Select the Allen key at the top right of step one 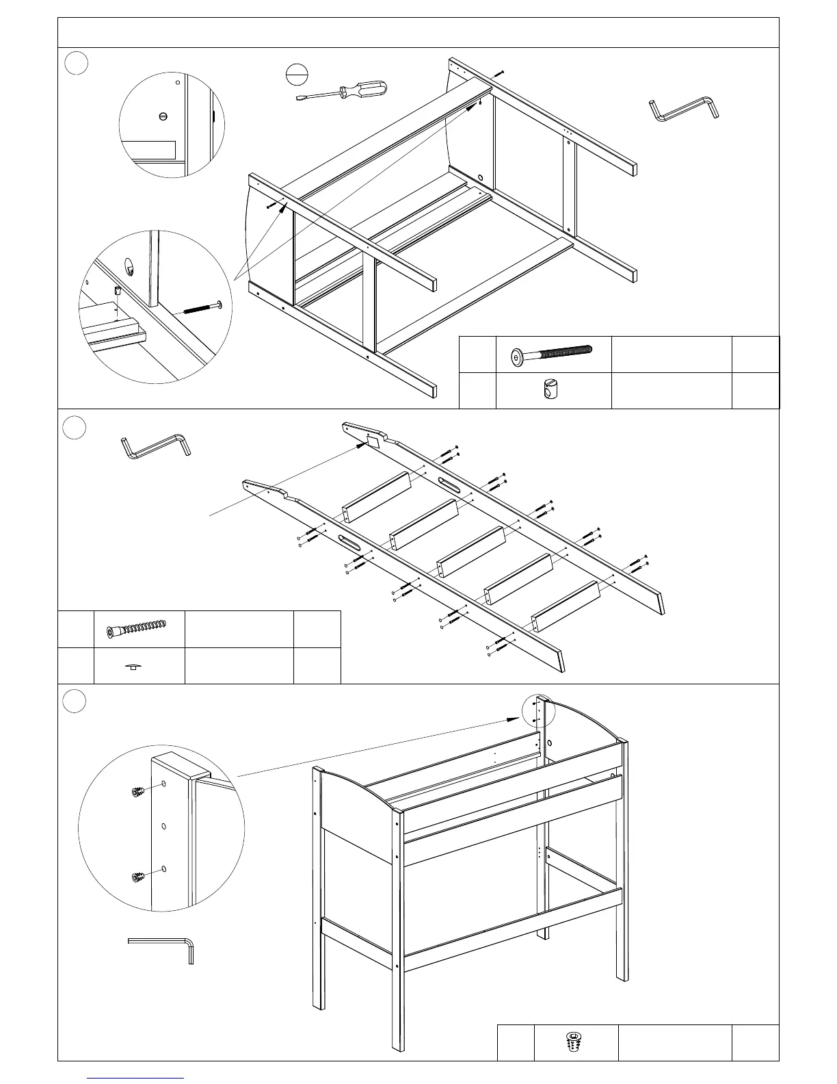(x=684, y=108)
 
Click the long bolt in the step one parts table (x=552, y=355)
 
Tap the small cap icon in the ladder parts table (x=137, y=666)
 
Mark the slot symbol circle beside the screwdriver (x=296, y=74)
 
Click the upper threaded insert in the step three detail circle (x=137, y=792)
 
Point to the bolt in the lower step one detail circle (x=203, y=307)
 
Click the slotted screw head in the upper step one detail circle (x=162, y=116)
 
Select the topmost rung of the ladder (x=376, y=497)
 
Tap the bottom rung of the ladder (x=565, y=606)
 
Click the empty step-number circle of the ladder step (x=75, y=428)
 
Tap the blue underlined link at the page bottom (x=136, y=1078)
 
